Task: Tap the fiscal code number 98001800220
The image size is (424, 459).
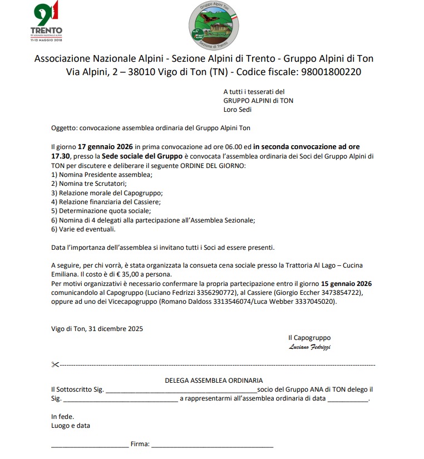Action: pyautogui.click(x=331, y=72)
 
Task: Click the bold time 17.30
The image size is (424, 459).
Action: pyautogui.click(x=61, y=156)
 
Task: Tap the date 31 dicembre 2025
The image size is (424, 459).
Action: pyautogui.click(x=114, y=328)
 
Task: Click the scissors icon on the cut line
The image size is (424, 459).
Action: pyautogui.click(x=55, y=365)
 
